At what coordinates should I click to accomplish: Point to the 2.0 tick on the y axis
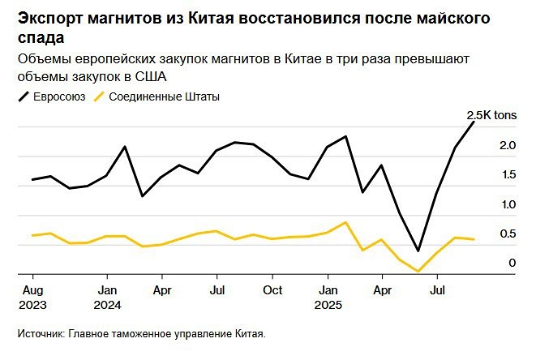click(x=508, y=145)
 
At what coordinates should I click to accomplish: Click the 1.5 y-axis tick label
click(x=508, y=175)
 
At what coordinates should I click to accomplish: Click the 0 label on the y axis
click(x=512, y=264)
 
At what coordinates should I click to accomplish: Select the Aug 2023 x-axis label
click(x=32, y=297)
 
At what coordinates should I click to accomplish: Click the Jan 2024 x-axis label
click(x=108, y=297)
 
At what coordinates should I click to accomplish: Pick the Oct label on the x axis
click(x=272, y=289)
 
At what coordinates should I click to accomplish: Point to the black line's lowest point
click(x=418, y=251)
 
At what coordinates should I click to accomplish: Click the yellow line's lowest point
click(x=418, y=272)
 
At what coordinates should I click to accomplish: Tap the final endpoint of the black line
click(x=474, y=122)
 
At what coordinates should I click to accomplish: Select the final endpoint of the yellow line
click(x=474, y=239)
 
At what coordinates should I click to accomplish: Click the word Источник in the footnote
click(x=40, y=333)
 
